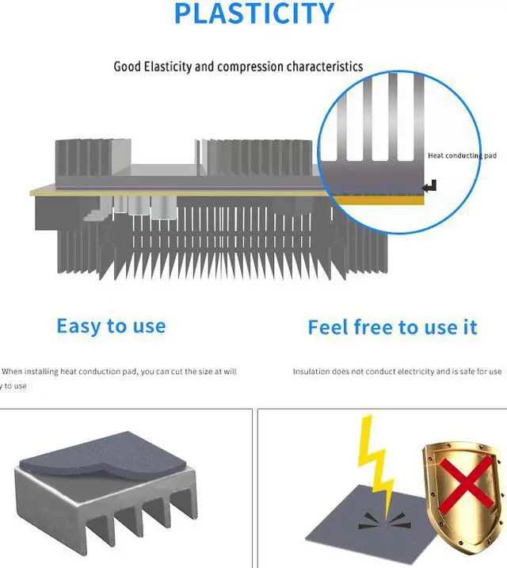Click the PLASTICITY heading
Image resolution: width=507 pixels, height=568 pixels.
253,13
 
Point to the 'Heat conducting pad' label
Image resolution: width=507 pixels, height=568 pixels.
462,155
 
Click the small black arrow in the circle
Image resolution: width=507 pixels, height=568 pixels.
430,186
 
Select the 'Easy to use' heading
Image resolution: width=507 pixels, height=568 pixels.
111,326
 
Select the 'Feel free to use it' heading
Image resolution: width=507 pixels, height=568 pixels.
392,326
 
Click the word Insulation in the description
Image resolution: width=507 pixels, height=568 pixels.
312,372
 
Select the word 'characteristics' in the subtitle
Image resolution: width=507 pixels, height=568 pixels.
325,67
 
